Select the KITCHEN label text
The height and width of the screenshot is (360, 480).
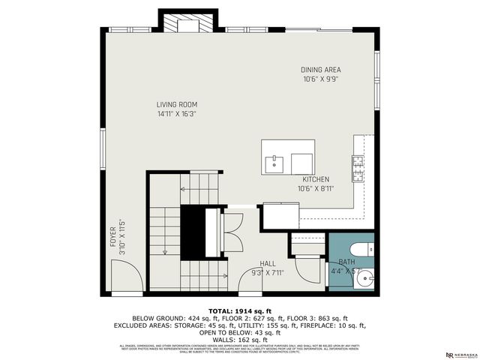coord(316,180)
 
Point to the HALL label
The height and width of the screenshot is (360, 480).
coord(268,263)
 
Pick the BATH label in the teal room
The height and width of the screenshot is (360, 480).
coord(346,262)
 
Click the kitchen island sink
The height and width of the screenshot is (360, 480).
coord(274,160)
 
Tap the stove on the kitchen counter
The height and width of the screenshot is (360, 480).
coord(358,167)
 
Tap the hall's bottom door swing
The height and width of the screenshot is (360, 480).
coord(252,279)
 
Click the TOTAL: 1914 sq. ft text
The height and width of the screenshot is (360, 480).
coord(239,310)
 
